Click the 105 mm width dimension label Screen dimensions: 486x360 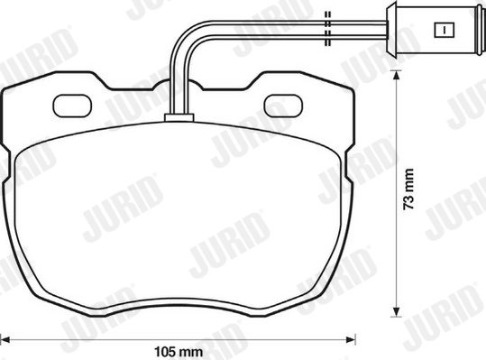point(179,352)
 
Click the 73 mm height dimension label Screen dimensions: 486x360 point(408,189)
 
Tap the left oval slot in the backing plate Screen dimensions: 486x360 point(72,106)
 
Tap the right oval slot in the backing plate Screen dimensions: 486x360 point(283,106)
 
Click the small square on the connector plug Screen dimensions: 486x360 point(445,31)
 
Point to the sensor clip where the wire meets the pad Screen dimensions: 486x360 point(179,117)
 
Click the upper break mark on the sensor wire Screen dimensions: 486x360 point(327,19)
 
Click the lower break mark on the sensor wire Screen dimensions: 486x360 point(327,38)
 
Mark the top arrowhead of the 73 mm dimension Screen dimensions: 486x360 point(396,76)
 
